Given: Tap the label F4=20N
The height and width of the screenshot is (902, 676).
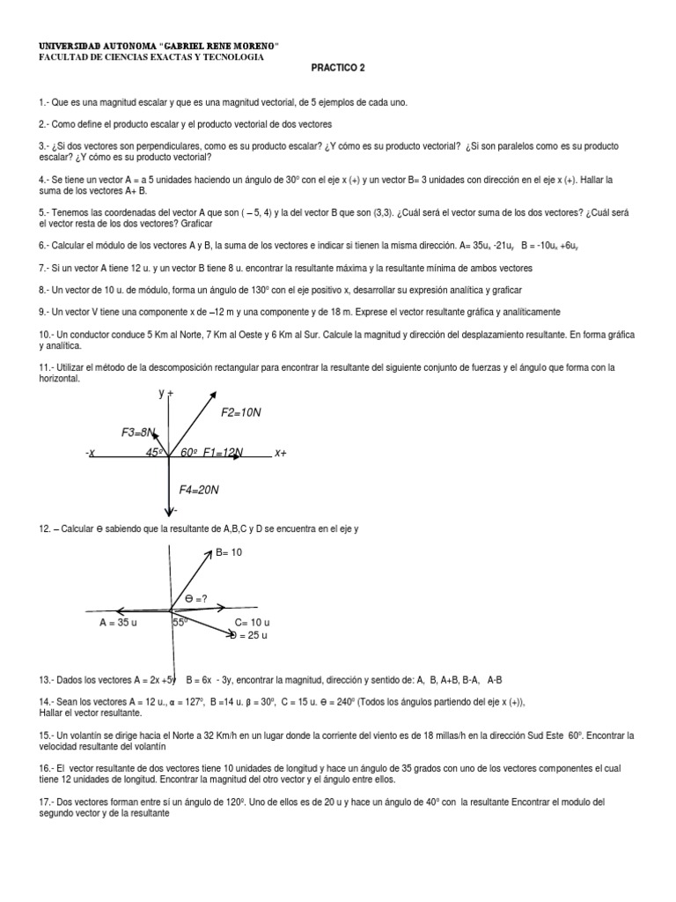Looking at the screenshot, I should tap(199, 489).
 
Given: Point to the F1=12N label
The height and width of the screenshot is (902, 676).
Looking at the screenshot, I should tap(223, 453).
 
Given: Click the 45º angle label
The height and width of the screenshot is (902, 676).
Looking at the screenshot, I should tap(155, 453).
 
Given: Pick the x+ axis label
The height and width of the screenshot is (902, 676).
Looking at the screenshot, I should tap(281, 453).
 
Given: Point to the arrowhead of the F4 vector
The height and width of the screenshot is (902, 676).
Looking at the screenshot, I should tap(167, 510).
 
